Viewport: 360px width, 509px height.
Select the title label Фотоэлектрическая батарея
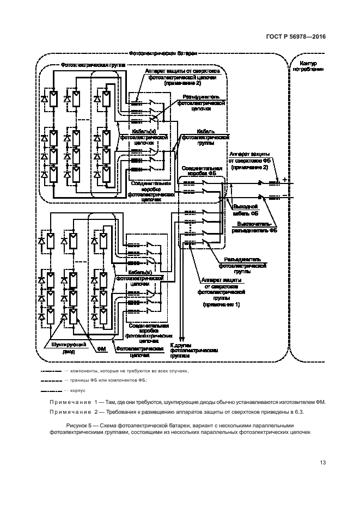coord(163,54)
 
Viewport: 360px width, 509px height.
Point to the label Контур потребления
coord(308,66)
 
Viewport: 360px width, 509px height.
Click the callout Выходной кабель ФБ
coord(245,210)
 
